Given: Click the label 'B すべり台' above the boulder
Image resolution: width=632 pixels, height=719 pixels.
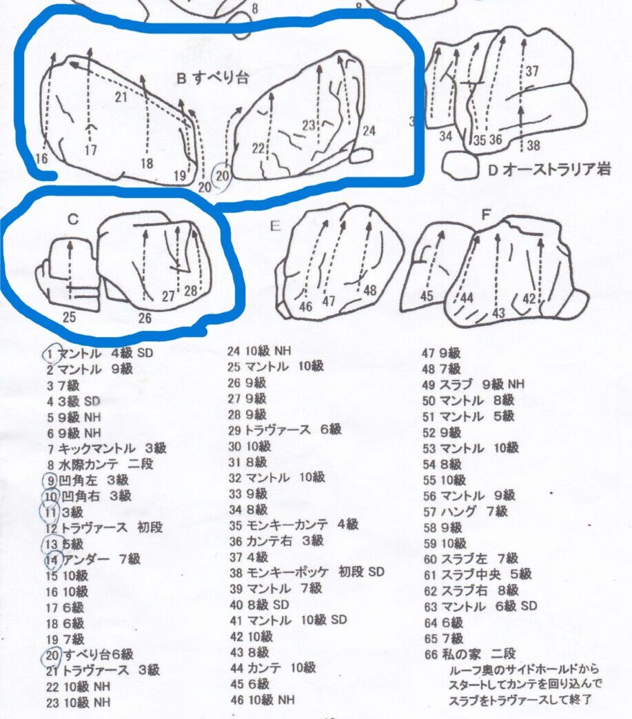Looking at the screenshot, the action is (x=212, y=78).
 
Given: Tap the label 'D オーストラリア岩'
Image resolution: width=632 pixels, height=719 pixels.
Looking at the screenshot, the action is (x=549, y=170).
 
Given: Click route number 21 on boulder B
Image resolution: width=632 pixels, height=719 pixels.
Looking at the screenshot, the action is (x=121, y=97).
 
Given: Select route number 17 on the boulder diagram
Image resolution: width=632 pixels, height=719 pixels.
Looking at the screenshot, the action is (x=91, y=150).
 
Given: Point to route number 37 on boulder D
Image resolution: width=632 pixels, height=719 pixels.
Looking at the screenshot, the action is (x=532, y=71).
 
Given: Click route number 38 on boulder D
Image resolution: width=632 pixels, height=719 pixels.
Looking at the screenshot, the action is (x=533, y=145).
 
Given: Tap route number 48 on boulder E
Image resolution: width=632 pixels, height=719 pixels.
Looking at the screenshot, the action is (x=370, y=290).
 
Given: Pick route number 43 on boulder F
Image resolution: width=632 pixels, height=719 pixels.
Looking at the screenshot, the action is (x=498, y=313).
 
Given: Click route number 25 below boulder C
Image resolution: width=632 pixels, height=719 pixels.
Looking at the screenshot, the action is (x=69, y=317).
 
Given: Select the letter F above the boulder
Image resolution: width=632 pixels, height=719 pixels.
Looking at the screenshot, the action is (x=487, y=214).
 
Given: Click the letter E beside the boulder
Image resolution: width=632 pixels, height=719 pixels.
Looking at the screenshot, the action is (x=275, y=226).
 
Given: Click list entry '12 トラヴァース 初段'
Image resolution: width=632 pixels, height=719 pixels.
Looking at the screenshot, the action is (x=105, y=527).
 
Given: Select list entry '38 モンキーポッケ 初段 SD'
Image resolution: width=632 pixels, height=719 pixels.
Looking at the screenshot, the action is (x=307, y=572).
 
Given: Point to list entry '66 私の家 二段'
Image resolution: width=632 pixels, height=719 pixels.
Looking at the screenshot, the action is (x=470, y=654).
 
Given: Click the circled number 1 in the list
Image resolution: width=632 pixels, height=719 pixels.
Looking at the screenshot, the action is (x=51, y=354).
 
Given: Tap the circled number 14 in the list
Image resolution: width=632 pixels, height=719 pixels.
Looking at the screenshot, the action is (x=52, y=560).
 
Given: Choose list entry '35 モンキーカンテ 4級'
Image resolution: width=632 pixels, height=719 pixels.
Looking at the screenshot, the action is (x=294, y=524).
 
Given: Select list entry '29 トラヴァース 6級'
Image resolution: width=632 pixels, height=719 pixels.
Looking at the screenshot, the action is (x=285, y=429).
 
